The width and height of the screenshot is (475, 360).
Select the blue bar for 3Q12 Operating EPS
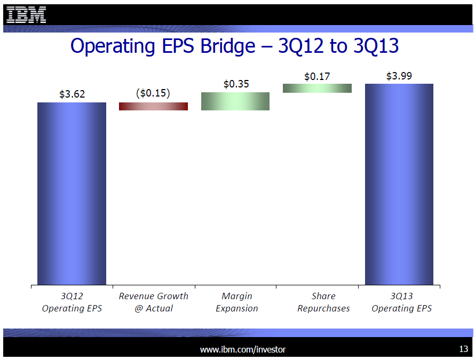point(72,193)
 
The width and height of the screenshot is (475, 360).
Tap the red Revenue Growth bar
point(153,106)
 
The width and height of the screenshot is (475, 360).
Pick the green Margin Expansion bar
point(235,101)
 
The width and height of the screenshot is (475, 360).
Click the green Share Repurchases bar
point(317,88)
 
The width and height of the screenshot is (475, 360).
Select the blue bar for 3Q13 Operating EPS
point(399,184)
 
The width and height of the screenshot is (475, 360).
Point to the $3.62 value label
point(72,94)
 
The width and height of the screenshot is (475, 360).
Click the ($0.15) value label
point(153,93)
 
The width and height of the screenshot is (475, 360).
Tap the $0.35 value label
point(236,84)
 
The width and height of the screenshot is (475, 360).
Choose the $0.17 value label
point(317,76)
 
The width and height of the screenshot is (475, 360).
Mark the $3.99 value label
point(399,76)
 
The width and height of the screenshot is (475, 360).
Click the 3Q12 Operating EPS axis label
point(72,302)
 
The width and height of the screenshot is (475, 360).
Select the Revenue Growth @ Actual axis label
point(153,302)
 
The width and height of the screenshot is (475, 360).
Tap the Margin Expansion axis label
point(236,302)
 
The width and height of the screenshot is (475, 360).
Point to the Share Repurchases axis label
point(323,302)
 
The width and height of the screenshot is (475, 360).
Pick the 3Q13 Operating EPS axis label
point(401,302)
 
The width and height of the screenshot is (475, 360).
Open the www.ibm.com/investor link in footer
point(243,349)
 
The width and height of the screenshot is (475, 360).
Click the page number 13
point(463,349)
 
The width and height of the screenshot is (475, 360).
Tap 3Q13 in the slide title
point(376,46)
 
